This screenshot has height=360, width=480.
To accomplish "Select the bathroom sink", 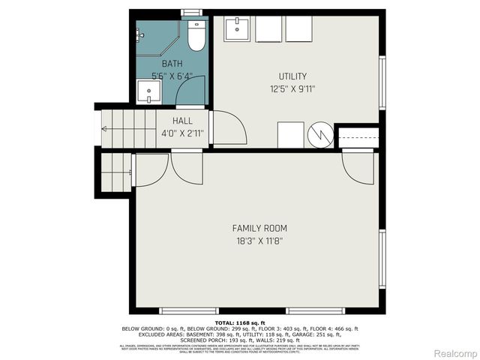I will pyautogui.click(x=149, y=94).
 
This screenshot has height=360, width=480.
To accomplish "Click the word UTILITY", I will pyautogui.click(x=292, y=76).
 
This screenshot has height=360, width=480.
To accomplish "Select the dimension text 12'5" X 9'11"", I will pyautogui.click(x=292, y=88).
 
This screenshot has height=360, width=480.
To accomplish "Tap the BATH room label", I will pyautogui.click(x=172, y=64).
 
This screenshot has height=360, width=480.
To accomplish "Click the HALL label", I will pyautogui.click(x=182, y=121).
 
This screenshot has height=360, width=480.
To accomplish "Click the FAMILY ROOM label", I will pyautogui.click(x=259, y=228).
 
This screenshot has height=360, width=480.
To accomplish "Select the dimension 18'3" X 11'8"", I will pyautogui.click(x=259, y=241).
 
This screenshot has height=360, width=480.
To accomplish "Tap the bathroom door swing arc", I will pyautogui.click(x=189, y=91).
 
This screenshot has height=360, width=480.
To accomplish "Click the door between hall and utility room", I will pyautogui.click(x=228, y=128).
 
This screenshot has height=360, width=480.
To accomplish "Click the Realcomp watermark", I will pyautogui.click(x=454, y=352).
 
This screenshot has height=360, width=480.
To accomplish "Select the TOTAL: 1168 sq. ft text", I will pyautogui.click(x=239, y=322).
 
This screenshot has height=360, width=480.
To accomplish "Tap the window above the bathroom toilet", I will pyautogui.click(x=193, y=13).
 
